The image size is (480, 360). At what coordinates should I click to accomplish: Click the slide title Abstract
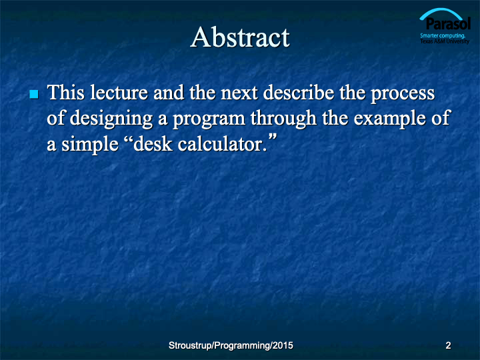(240, 37)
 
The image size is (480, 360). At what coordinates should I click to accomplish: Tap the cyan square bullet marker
(34, 94)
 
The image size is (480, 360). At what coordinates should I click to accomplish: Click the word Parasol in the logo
(448, 24)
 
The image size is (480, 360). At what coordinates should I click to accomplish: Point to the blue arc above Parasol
(441, 12)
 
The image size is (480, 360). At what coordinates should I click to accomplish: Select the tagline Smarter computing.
(443, 35)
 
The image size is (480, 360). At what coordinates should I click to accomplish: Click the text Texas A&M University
(445, 41)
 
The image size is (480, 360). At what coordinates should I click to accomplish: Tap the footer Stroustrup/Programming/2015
(231, 345)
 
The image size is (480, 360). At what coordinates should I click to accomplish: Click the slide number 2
(448, 345)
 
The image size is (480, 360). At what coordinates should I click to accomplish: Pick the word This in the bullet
(66, 92)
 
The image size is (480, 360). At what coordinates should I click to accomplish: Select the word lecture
(119, 93)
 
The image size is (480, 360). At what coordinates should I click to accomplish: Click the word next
(239, 93)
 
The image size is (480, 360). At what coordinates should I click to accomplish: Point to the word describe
(299, 93)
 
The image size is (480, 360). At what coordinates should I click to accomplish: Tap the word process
(403, 95)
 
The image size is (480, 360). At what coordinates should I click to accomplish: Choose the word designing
(111, 119)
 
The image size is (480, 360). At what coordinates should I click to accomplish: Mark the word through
(283, 119)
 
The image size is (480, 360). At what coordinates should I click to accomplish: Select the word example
(389, 119)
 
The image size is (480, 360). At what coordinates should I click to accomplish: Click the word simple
(90, 145)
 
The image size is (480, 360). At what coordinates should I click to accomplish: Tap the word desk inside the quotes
(153, 144)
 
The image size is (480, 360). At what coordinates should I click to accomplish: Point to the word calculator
(221, 144)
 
